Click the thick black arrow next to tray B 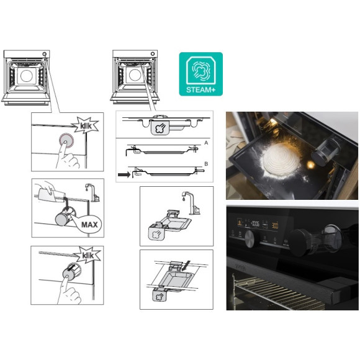point(124,175)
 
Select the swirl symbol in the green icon point(200,70)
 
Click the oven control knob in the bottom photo point(249,239)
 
